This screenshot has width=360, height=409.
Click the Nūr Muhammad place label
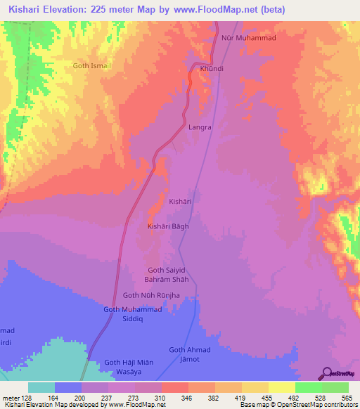247,38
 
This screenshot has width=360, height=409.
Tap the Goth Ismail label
92,65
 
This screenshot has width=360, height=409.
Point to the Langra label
200,128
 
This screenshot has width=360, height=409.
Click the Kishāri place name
180,202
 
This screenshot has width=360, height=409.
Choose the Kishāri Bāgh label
167,226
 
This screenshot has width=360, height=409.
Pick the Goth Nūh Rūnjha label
152,295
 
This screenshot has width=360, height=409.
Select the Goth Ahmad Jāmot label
190,355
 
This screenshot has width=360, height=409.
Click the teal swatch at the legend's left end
41,387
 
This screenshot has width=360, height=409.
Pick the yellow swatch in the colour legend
281,387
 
